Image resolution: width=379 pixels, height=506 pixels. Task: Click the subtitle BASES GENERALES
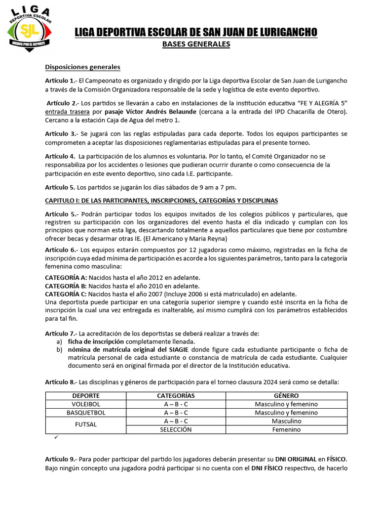pos(196,44)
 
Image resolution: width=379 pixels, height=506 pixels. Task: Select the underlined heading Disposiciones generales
pos(82,67)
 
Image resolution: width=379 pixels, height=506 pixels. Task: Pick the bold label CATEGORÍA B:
pos(66,286)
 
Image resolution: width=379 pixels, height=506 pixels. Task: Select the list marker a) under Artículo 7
pos(59,341)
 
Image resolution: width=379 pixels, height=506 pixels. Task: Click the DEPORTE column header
pos(86,396)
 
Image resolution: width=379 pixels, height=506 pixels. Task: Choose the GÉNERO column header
pos(286,396)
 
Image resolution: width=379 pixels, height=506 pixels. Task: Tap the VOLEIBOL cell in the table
pos(86,404)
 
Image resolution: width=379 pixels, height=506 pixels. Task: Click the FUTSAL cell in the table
pos(86,425)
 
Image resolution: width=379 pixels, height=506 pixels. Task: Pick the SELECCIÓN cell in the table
pos(176,429)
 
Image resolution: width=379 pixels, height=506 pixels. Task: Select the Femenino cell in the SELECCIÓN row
pos(286,429)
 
